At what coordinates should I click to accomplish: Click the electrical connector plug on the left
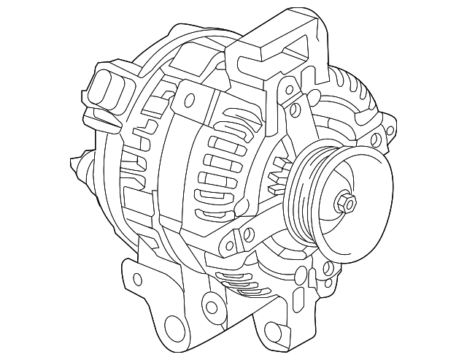pos(106,88)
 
